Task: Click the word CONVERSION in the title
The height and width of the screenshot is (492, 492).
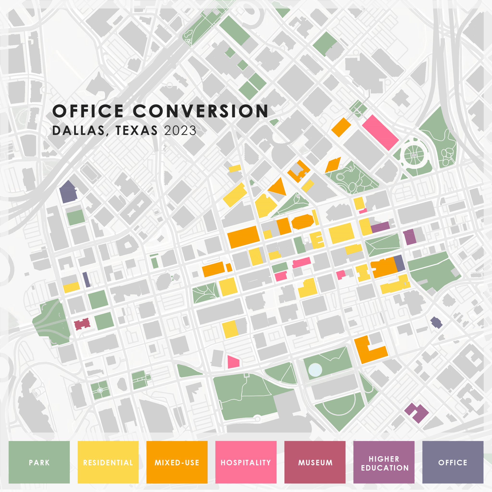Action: pyautogui.click(x=200, y=111)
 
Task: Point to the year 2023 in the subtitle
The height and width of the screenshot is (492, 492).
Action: pyautogui.click(x=180, y=131)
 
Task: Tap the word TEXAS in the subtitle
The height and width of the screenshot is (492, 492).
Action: pyautogui.click(x=137, y=131)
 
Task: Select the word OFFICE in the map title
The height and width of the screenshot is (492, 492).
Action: pyautogui.click(x=88, y=111)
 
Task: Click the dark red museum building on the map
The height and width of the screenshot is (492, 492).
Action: pyautogui.click(x=82, y=324)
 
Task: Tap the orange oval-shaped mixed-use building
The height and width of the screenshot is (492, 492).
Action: pyautogui.click(x=302, y=221)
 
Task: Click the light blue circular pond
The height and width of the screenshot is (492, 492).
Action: pyautogui.click(x=315, y=369)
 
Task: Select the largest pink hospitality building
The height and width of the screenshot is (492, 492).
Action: pyautogui.click(x=380, y=132)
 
